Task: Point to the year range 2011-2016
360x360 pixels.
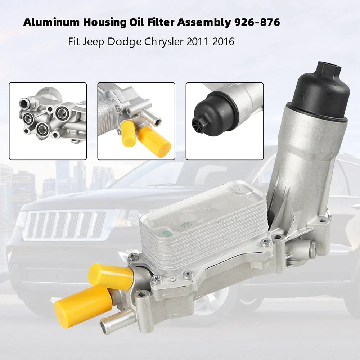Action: pyautogui.click(x=211, y=42)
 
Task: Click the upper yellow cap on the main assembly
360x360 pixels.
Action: pyautogui.click(x=111, y=276)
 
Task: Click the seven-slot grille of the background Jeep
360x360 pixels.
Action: pyautogui.click(x=65, y=225)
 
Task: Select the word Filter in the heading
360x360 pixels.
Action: pyautogui.click(x=161, y=22)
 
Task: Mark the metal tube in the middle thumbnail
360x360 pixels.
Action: pyautogui.click(x=150, y=118)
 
